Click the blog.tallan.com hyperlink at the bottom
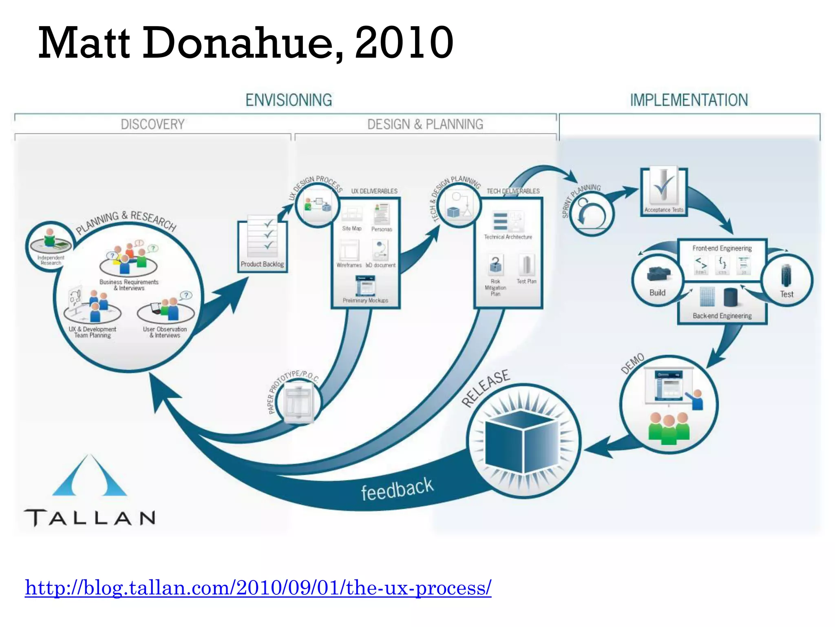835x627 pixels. point(258,588)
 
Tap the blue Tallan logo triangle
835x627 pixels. point(89,478)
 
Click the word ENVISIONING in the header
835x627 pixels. point(289,100)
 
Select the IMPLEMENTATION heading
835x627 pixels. point(689,100)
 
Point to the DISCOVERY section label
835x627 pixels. point(152,124)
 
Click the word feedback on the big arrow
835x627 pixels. point(397,489)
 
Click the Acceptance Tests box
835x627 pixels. point(663,192)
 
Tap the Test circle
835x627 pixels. point(786,280)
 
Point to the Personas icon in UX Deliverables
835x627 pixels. point(382,214)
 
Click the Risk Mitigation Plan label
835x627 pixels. point(495,287)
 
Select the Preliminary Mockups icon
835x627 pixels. point(365,286)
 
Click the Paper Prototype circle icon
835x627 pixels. point(298,402)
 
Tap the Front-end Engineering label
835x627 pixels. point(722,248)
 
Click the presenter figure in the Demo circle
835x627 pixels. point(696,399)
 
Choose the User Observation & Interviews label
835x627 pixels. point(165,332)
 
